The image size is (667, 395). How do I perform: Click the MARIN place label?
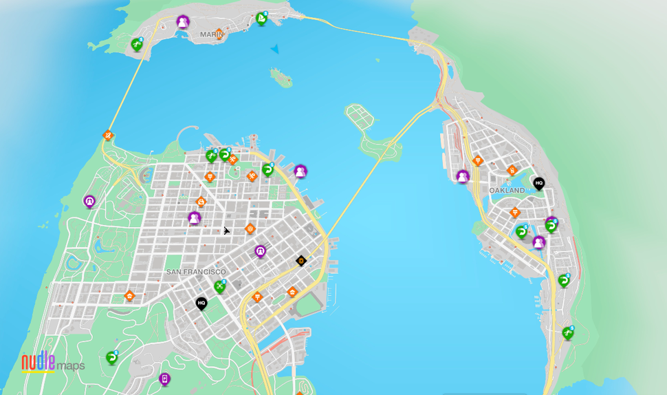pyautogui.click(x=210, y=34)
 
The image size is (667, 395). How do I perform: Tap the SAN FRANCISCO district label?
pyautogui.click(x=196, y=272)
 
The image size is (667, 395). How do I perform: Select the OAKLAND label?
pyautogui.click(x=507, y=190)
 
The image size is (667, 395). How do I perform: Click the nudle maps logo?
pyautogui.click(x=53, y=363)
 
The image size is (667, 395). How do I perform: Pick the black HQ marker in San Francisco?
pyautogui.click(x=201, y=303)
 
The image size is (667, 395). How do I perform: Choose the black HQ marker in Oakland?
pyautogui.click(x=538, y=184)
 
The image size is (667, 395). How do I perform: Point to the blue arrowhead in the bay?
pyautogui.click(x=275, y=49)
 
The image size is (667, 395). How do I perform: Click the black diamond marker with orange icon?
pyautogui.click(x=300, y=261)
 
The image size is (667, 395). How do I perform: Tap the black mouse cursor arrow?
pyautogui.click(x=226, y=231)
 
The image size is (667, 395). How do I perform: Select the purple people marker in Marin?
pyautogui.click(x=182, y=22)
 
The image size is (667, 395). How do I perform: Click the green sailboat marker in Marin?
pyautogui.click(x=261, y=19)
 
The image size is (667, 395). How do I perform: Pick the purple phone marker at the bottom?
pyautogui.click(x=164, y=378)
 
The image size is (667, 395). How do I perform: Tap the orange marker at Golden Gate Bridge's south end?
pyautogui.click(x=108, y=135)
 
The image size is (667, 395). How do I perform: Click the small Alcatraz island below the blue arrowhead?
pyautogui.click(x=281, y=77)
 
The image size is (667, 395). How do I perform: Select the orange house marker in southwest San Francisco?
pyautogui.click(x=129, y=297)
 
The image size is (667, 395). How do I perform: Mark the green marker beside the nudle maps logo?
pyautogui.click(x=112, y=358)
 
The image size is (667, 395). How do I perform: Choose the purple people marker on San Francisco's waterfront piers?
pyautogui.click(x=300, y=171)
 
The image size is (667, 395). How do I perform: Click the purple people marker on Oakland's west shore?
pyautogui.click(x=463, y=177)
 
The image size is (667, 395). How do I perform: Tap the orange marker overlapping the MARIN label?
pyautogui.click(x=219, y=32)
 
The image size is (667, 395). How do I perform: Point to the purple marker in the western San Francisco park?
pyautogui.click(x=89, y=201)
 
